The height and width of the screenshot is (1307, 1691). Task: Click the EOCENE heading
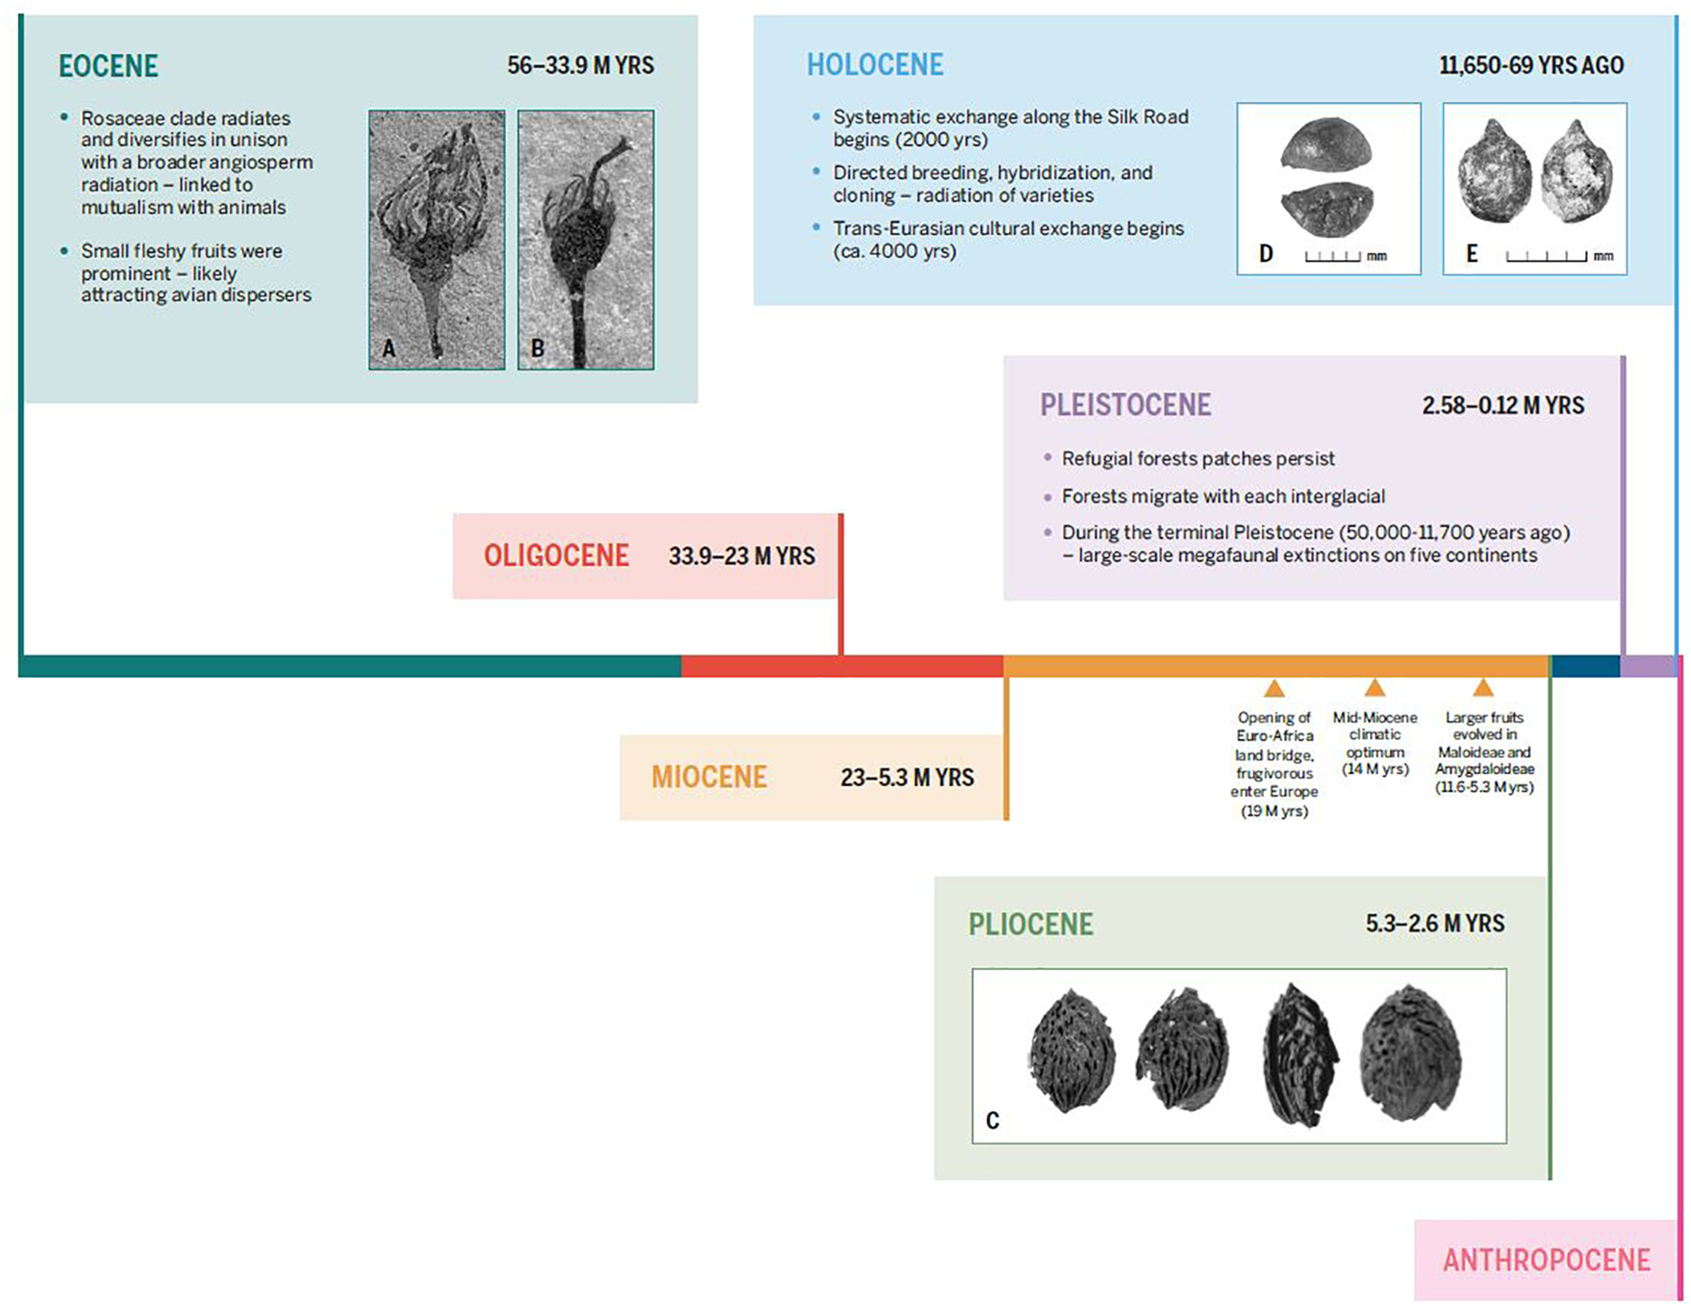click(108, 66)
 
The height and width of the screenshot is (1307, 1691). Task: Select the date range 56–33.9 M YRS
click(580, 66)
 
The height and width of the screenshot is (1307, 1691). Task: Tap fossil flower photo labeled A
click(436, 239)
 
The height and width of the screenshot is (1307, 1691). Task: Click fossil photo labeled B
click(585, 239)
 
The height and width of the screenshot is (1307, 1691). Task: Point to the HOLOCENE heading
click(874, 65)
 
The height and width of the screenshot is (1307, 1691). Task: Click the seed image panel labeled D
click(1328, 189)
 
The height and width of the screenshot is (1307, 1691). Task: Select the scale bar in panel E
click(1546, 256)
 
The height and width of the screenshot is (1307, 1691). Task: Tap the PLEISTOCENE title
click(1125, 405)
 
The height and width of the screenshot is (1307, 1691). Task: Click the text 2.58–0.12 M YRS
click(1502, 406)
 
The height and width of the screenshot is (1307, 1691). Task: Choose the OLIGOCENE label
click(556, 556)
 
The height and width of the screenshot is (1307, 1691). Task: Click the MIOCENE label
click(709, 777)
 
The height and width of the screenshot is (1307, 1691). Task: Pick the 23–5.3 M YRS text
click(906, 777)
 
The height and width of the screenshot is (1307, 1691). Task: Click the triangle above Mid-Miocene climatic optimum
click(1375, 688)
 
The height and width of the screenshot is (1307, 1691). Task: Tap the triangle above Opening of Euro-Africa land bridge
click(1274, 688)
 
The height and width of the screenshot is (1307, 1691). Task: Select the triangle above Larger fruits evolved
click(1483, 688)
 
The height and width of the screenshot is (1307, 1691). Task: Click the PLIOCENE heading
click(1031, 924)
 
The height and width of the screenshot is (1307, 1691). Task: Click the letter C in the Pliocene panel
click(993, 1121)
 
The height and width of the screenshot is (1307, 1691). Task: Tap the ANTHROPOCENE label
click(1546, 1260)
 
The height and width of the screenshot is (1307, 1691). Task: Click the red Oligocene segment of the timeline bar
click(841, 667)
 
